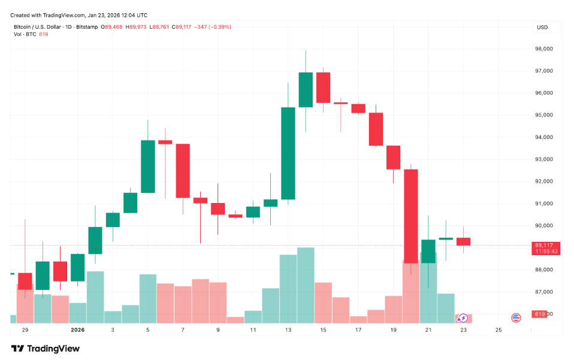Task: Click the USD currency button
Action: pos(543,27)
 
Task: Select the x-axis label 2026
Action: pos(78,329)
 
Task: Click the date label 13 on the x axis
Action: pos(288,329)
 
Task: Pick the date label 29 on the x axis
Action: pos(25,329)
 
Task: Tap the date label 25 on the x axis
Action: pos(499,329)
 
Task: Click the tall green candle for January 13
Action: pos(288,153)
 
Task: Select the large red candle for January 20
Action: pos(411,216)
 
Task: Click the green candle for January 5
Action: pos(148,167)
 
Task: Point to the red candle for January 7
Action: pos(183,171)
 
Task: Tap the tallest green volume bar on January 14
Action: pos(306,285)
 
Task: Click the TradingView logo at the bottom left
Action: pos(46,349)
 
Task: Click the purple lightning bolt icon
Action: pos(464,318)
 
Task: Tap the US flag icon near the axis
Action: pos(515,318)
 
